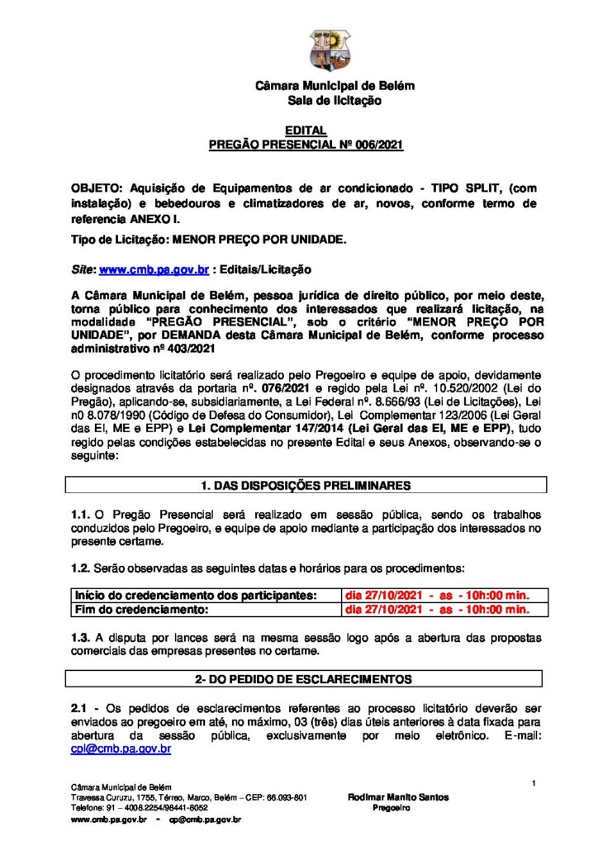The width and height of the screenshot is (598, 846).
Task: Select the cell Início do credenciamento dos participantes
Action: coord(197,595)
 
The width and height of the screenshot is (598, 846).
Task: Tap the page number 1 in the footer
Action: coord(534,782)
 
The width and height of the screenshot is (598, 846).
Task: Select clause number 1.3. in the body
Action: coord(84,638)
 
